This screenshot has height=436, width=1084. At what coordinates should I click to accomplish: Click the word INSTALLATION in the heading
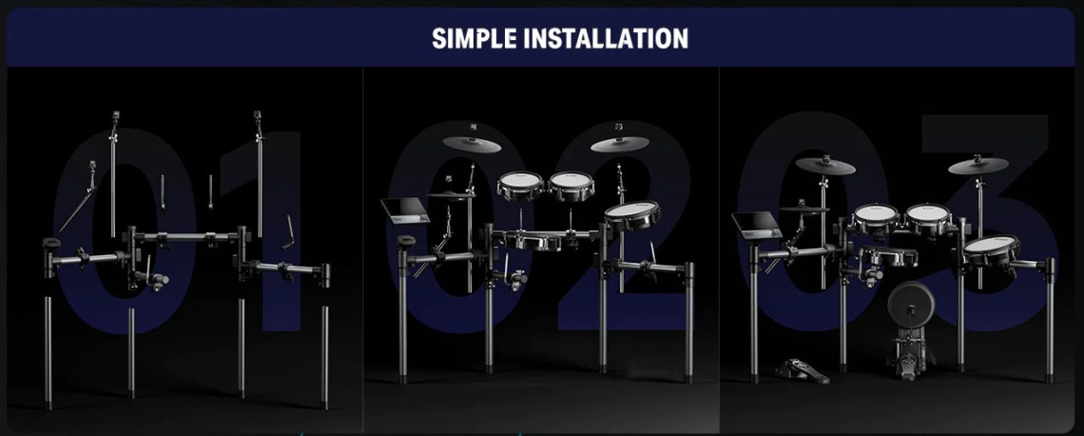point(607,38)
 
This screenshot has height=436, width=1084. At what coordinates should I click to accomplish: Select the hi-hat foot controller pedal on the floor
point(802,371)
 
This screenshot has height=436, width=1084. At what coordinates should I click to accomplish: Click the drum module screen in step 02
point(405,209)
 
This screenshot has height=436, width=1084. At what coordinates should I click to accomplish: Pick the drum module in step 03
point(756,225)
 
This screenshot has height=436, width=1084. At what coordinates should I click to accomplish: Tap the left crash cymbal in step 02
point(472,144)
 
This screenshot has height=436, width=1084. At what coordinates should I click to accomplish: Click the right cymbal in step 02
point(619,144)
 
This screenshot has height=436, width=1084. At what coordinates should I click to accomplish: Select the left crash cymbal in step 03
point(824,166)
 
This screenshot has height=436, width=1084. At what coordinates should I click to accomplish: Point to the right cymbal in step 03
point(978,166)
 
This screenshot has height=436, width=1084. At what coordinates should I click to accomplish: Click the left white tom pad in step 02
point(520,186)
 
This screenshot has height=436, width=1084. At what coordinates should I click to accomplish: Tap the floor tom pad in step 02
point(632,215)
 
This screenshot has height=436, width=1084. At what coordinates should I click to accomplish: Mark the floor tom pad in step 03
point(991,249)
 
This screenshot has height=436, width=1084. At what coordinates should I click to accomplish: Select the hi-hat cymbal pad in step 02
point(451,195)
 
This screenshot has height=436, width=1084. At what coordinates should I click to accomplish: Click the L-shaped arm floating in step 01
point(287,232)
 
